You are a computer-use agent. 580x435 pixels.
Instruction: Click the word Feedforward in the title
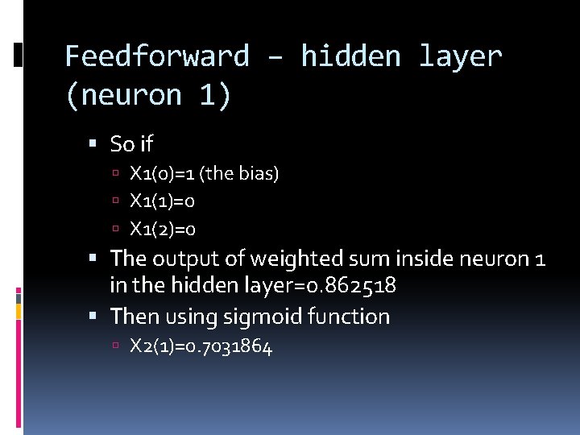[157, 56]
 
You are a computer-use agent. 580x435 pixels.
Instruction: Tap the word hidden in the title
[350, 56]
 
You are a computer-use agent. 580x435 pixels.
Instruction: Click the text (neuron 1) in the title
[147, 95]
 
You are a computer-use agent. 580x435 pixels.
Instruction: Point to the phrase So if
[131, 144]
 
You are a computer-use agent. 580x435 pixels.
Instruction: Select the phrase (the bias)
[240, 173]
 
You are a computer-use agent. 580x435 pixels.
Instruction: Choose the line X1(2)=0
[163, 230]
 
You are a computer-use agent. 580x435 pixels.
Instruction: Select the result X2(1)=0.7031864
[201, 346]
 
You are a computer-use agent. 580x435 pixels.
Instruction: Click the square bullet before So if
[93, 145]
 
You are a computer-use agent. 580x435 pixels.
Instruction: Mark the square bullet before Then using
[93, 317]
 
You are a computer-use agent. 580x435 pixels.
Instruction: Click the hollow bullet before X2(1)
[116, 346]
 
